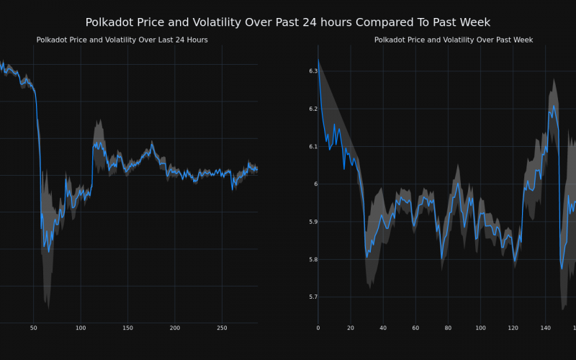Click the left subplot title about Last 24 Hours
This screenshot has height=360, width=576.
coord(122,40)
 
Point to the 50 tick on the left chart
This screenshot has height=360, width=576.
coord(33,328)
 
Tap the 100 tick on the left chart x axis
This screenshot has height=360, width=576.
coord(80,328)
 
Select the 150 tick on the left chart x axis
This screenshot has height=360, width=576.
coord(127,328)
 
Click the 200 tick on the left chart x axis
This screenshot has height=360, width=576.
coord(174,328)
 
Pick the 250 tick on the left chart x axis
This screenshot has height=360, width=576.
coord(222,328)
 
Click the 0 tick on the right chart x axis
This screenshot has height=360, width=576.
coord(318,328)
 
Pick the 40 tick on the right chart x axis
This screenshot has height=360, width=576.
coord(382,328)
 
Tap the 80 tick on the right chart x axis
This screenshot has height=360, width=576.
coord(448,328)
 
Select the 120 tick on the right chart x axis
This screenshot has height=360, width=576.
coord(513,328)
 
